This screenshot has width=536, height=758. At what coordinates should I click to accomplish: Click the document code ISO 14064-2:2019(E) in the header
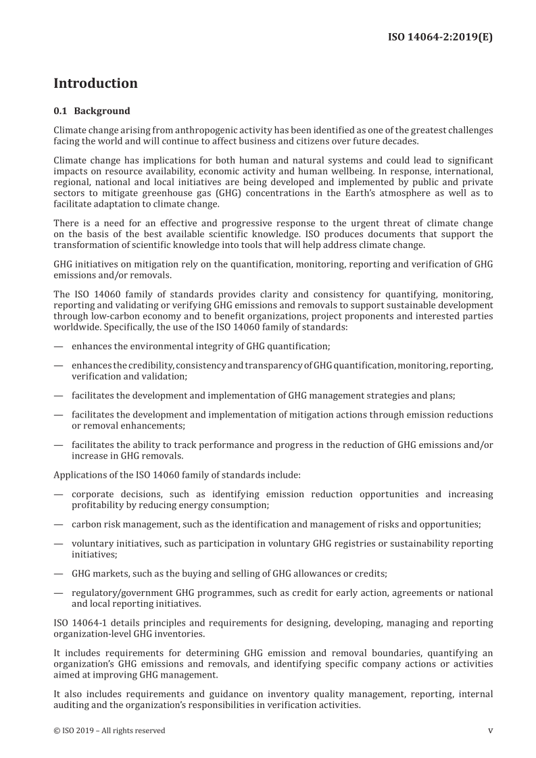pyautogui.click(x=439, y=36)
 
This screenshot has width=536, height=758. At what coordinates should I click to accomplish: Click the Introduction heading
pyautogui.click(x=95, y=84)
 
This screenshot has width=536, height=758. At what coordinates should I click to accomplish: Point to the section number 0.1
pyautogui.click(x=60, y=111)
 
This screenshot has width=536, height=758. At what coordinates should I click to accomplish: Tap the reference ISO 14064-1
pyautogui.click(x=81, y=622)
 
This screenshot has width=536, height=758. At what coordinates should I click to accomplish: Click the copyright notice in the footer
pyautogui.click(x=109, y=730)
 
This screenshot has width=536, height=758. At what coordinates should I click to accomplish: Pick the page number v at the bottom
pyautogui.click(x=490, y=730)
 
